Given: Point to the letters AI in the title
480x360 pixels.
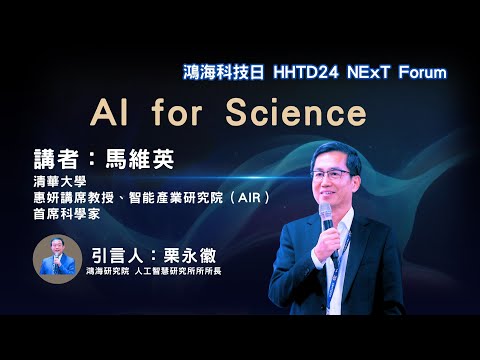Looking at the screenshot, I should click(110, 112).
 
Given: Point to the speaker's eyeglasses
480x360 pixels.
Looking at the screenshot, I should click(335, 173).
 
